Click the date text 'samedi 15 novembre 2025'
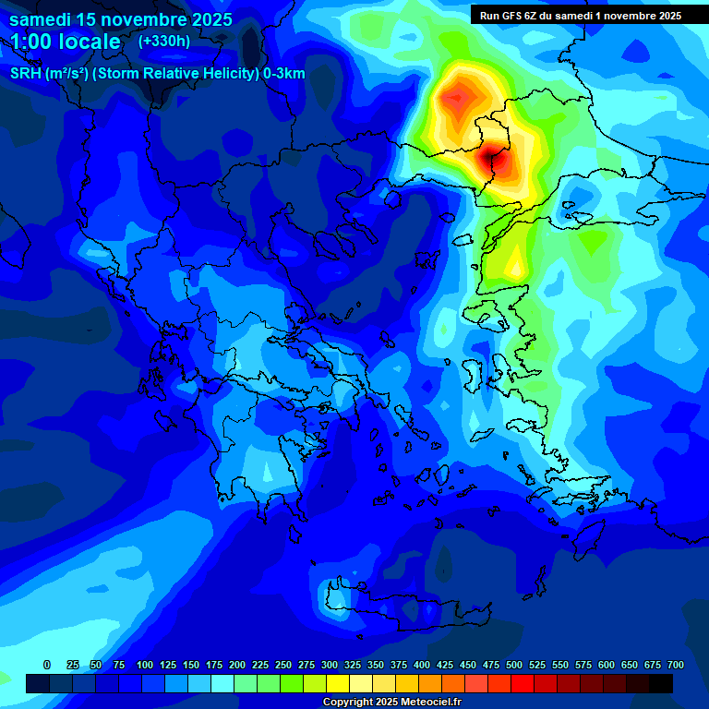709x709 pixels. [x=120, y=18]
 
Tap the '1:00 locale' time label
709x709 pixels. [x=66, y=42]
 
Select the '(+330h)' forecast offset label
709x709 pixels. [x=164, y=42]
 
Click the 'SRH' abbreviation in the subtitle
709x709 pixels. [x=25, y=74]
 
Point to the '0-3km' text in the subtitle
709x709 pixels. [x=284, y=74]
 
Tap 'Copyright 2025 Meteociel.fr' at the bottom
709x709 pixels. [x=392, y=702]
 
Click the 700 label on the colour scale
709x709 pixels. [x=676, y=665]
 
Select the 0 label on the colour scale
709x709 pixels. [x=47, y=665]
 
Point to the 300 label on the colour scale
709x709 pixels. [x=330, y=665]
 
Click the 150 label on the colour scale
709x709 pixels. [x=191, y=665]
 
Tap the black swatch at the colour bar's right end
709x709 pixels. [x=661, y=683]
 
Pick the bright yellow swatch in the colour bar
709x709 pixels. [x=338, y=683]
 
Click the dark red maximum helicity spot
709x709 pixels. [x=490, y=159]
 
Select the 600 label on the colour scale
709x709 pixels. [x=607, y=665]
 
